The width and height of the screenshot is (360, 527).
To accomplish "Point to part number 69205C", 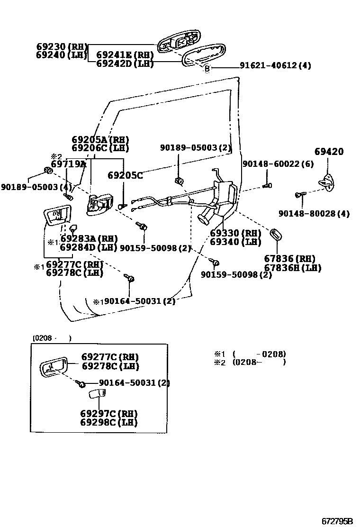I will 125,175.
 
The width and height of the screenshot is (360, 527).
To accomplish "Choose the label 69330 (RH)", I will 235,233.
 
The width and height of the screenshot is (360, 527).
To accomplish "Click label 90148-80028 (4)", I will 314,214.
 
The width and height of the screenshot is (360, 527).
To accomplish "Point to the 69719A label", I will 69,164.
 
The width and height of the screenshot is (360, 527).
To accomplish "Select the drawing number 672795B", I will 337,521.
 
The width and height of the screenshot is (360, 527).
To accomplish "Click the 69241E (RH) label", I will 125,55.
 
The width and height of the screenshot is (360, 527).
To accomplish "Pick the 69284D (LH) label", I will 89,247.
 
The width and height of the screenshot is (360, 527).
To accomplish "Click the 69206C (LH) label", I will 100,148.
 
